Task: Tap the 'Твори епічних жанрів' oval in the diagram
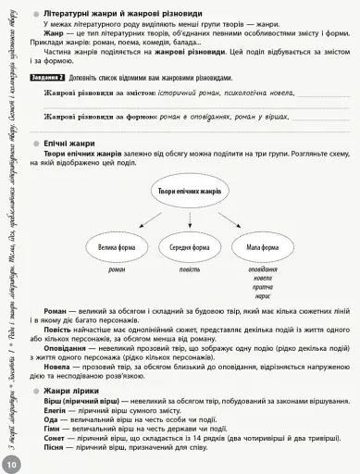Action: (x=184, y=191)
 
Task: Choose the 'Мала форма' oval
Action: (x=263, y=247)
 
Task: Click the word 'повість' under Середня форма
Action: (x=190, y=269)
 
